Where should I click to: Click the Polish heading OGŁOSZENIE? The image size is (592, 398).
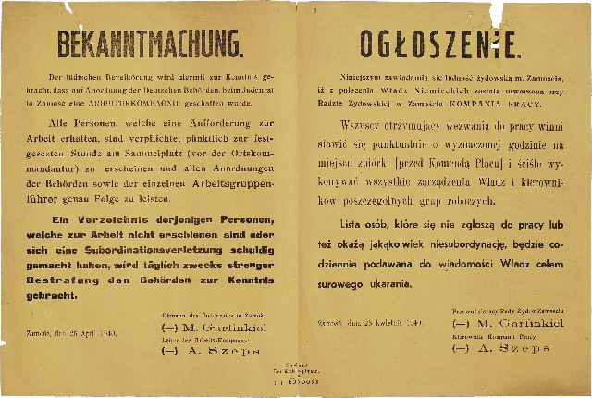click(442, 43)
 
